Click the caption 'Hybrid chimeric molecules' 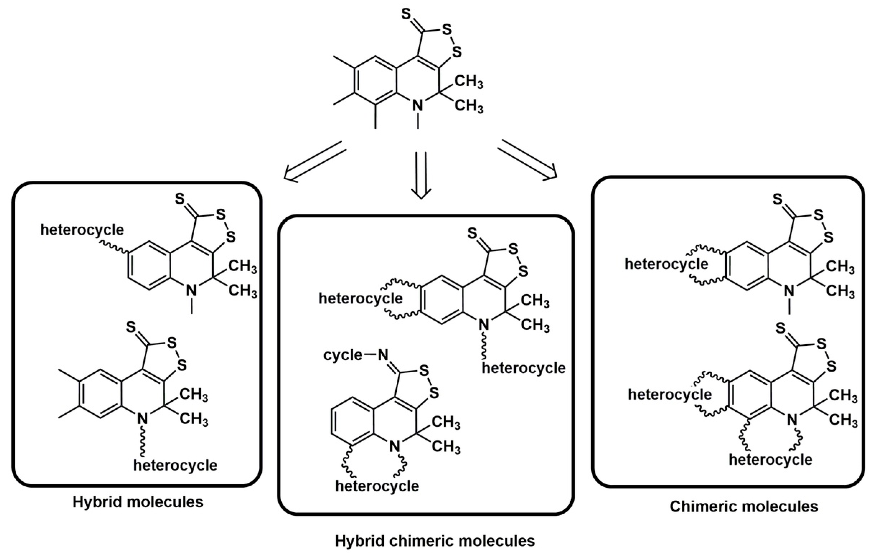pyautogui.click(x=435, y=541)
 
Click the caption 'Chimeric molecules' pyautogui.click(x=744, y=506)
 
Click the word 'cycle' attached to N pyautogui.click(x=343, y=355)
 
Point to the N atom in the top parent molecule pyautogui.click(x=418, y=105)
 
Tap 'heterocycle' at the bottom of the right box pyautogui.click(x=770, y=460)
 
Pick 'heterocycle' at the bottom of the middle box pyautogui.click(x=377, y=486)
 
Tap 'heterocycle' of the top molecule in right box pyautogui.click(x=666, y=264)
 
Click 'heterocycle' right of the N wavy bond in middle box pyautogui.click(x=524, y=368)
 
